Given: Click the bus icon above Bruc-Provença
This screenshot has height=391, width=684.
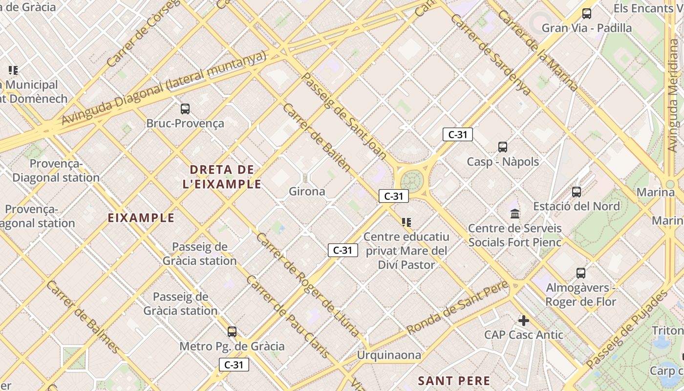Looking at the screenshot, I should [x=185, y=109].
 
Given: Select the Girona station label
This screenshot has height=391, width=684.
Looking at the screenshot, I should [x=307, y=191].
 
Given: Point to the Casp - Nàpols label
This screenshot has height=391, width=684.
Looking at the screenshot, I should [x=503, y=161].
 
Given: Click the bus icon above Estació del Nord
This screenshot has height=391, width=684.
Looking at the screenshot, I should [x=577, y=192].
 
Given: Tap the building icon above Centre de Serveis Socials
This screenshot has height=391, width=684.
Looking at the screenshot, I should [x=515, y=214].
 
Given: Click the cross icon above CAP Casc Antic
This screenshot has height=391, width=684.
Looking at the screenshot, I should [x=524, y=321].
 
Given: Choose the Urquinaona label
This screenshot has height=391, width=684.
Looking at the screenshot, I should [x=389, y=355].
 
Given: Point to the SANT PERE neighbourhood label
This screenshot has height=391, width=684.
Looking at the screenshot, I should [x=454, y=381].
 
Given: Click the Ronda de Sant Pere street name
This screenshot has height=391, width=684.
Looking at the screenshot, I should [x=458, y=307].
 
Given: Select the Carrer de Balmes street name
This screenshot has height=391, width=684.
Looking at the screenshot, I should [x=83, y=317].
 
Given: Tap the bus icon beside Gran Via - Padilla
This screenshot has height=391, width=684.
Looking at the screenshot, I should [x=587, y=14].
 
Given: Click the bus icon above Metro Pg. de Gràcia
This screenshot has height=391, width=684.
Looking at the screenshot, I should [x=232, y=332].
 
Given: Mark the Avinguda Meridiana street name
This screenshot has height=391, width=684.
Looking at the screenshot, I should [x=674, y=112].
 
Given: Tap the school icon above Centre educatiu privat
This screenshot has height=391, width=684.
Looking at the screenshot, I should [x=406, y=222].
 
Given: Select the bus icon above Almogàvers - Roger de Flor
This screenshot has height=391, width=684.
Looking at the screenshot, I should [x=581, y=273].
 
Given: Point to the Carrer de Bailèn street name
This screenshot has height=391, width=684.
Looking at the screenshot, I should [x=317, y=137].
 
